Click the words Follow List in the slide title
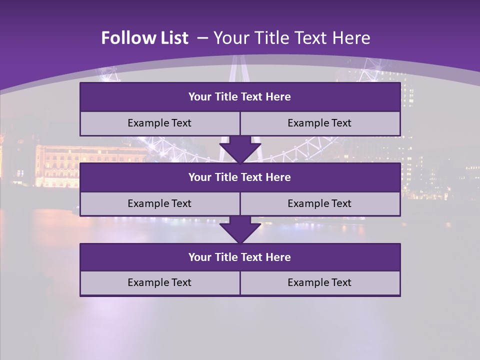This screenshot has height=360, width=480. [x=144, y=38]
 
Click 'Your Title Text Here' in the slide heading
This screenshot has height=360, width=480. [x=291, y=38]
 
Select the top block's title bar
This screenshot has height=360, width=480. [x=240, y=97]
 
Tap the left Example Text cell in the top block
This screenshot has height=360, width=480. [x=159, y=123]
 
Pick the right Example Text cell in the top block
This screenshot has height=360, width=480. [x=319, y=123]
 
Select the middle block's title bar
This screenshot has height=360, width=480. [x=240, y=177]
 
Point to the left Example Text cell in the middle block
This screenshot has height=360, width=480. [x=159, y=203]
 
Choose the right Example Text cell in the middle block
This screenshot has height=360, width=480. [x=319, y=203]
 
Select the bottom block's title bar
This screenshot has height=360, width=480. [x=240, y=257]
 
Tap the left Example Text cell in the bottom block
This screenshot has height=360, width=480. [x=159, y=282]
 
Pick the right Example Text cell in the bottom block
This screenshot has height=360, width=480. [x=319, y=282]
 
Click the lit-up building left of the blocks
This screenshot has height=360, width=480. [x=57, y=165]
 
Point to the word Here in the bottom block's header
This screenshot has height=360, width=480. [x=278, y=257]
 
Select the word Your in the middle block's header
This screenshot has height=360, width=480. [x=200, y=177]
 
